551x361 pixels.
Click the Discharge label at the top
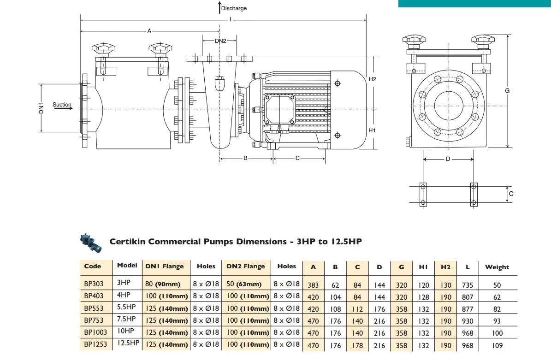point(234,8)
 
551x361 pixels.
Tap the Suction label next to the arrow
point(62,105)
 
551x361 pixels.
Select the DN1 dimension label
point(41,109)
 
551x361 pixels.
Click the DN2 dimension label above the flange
point(220,41)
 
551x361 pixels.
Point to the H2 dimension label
point(373,79)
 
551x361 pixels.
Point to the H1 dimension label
point(373,130)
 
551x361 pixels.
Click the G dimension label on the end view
point(507,91)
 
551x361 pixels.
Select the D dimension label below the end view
point(447,159)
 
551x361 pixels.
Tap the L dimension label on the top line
point(231,20)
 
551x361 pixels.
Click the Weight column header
point(497,267)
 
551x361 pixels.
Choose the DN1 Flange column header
point(164,266)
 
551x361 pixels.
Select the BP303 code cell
point(94,285)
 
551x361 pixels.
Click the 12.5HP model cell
point(128,343)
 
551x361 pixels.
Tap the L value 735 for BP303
point(467,285)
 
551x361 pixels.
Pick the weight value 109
point(497,345)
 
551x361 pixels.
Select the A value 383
point(313,285)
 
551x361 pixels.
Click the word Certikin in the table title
point(129,242)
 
